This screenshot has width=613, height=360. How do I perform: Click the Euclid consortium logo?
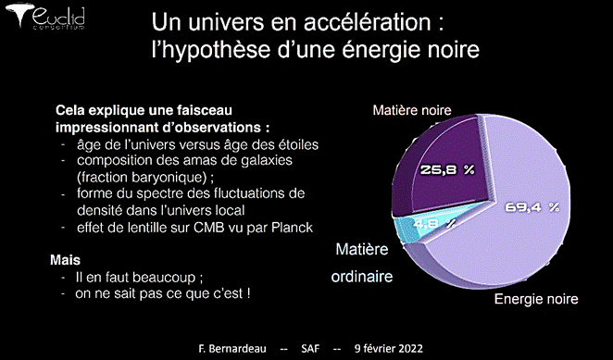(x=45, y=16)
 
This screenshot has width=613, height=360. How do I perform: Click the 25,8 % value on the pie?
(x=447, y=170)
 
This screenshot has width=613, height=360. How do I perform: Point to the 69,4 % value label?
(x=532, y=207)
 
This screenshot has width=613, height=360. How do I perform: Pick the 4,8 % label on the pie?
(x=434, y=224)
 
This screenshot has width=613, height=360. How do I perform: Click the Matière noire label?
(x=412, y=110)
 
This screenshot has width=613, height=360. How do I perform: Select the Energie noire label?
(x=536, y=299)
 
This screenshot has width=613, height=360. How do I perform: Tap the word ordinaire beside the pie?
(x=362, y=277)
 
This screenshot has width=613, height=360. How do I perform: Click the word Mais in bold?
(x=66, y=260)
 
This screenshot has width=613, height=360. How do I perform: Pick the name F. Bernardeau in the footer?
(x=232, y=348)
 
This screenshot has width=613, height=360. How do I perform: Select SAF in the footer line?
(x=310, y=348)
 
